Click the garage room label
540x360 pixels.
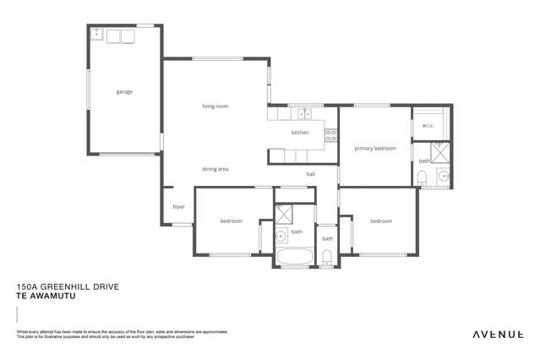[124, 91]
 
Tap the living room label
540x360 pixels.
[215, 106]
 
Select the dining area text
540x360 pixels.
[215, 169]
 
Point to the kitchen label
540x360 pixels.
[300, 133]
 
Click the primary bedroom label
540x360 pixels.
[374, 148]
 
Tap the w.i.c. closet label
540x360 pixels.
[427, 127]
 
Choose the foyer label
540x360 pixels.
[178, 206]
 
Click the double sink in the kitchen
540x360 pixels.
[304, 112]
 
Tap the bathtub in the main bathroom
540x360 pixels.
[294, 255]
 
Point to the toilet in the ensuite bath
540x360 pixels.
[421, 177]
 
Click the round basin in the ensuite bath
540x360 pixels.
[443, 176]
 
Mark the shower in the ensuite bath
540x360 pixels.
[440, 153]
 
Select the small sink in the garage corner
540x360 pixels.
[97, 35]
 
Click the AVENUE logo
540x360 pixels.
[497, 335]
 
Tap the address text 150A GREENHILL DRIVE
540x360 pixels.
[68, 287]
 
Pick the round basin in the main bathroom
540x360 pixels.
[281, 236]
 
